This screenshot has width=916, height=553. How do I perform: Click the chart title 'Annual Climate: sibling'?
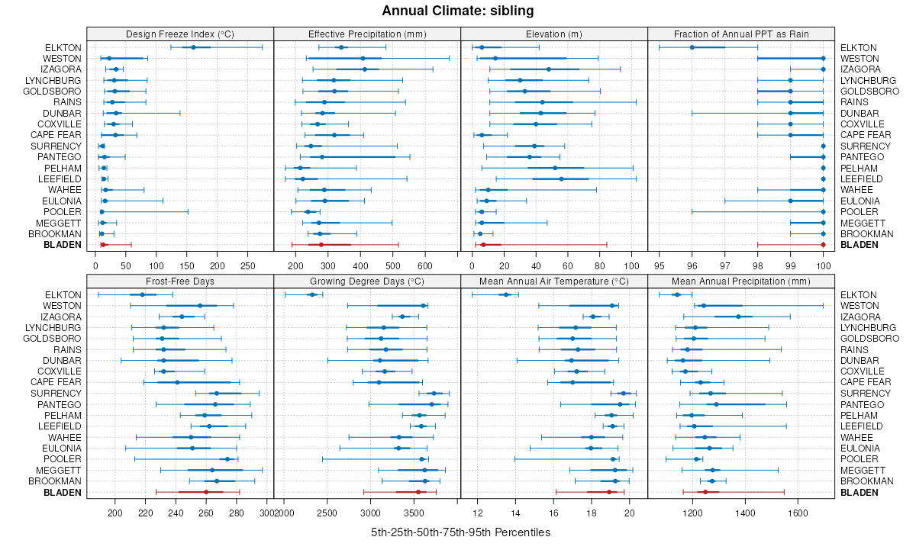[x=458, y=11]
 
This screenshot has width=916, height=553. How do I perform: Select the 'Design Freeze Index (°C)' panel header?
[x=180, y=34]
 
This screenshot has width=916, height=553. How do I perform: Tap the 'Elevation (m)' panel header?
[x=554, y=34]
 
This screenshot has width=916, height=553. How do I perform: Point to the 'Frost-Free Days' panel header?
[x=180, y=281]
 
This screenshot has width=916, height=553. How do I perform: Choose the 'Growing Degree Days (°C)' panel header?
[x=367, y=281]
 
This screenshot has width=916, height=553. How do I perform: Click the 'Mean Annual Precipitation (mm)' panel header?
[x=741, y=281]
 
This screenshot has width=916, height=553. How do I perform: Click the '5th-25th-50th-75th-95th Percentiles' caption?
[x=458, y=532]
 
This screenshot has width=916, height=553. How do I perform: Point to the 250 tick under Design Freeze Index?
[x=247, y=265]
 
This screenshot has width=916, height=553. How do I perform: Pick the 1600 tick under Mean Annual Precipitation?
[x=798, y=513]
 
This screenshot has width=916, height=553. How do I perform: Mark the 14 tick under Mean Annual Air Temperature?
[x=515, y=513]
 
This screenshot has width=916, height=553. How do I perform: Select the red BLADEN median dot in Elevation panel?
[x=483, y=245]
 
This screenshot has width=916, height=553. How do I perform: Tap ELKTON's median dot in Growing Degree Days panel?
[x=311, y=294]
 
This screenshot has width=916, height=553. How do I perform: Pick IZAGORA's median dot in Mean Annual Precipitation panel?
[x=738, y=317]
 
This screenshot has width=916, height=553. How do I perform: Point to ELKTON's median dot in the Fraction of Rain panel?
[x=692, y=47]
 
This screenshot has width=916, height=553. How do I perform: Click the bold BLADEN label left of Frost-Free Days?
[x=63, y=492]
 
